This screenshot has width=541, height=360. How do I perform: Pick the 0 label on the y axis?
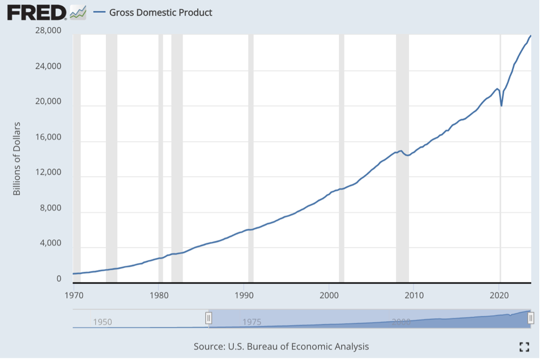(x=58, y=279)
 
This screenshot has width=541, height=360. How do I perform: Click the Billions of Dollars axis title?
(x=17, y=159)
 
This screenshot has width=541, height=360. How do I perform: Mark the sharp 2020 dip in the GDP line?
(x=501, y=105)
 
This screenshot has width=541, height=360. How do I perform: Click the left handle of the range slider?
(x=208, y=318)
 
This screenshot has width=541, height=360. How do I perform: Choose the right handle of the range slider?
(x=531, y=318)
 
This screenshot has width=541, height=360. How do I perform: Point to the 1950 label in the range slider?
(x=102, y=322)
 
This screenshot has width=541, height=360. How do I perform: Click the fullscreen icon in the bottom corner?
(x=524, y=347)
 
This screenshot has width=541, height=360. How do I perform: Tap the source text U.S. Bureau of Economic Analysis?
(x=281, y=346)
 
